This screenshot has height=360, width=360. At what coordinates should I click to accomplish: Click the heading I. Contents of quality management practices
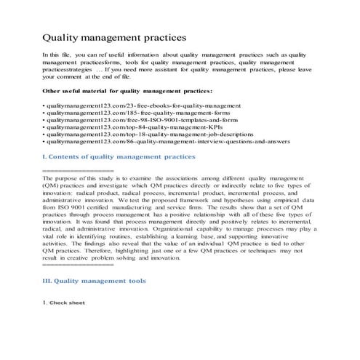click(119, 156)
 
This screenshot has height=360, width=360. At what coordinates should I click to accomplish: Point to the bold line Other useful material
click(127, 91)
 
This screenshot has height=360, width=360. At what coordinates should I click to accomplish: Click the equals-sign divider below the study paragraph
click(72, 264)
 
